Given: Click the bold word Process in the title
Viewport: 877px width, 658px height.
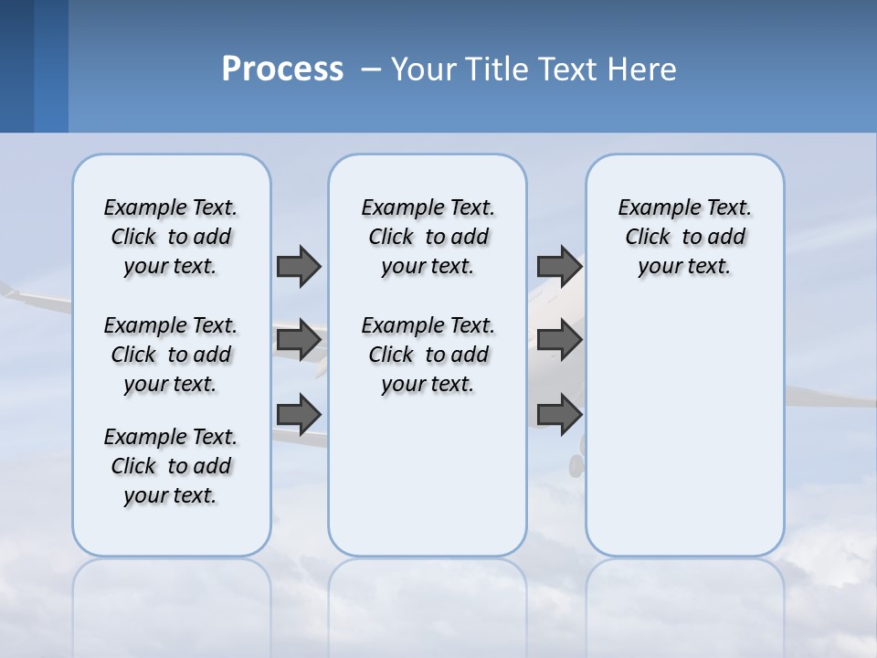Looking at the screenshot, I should [282, 69].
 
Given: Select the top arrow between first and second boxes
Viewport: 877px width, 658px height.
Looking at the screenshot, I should [298, 266].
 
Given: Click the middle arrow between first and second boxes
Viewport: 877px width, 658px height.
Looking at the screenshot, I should [298, 340].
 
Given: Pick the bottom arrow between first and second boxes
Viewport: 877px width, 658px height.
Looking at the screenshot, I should [298, 414].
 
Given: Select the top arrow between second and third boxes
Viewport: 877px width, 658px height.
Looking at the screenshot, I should [559, 266].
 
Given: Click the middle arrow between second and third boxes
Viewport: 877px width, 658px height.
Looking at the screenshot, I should [559, 340].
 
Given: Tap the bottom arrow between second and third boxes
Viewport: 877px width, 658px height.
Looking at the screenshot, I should [559, 414].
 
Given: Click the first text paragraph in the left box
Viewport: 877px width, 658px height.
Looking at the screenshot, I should [171, 237].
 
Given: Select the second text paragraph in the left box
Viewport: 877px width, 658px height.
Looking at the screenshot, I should [171, 355].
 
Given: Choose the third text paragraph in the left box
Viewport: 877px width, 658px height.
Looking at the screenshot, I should [171, 466].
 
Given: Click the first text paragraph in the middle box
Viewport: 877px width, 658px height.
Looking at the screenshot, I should [428, 237].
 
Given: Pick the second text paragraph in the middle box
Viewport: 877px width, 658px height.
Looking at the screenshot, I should [428, 355].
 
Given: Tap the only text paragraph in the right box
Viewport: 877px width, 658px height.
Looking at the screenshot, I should [684, 237].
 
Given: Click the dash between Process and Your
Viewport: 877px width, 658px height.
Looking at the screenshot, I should [371, 69].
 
